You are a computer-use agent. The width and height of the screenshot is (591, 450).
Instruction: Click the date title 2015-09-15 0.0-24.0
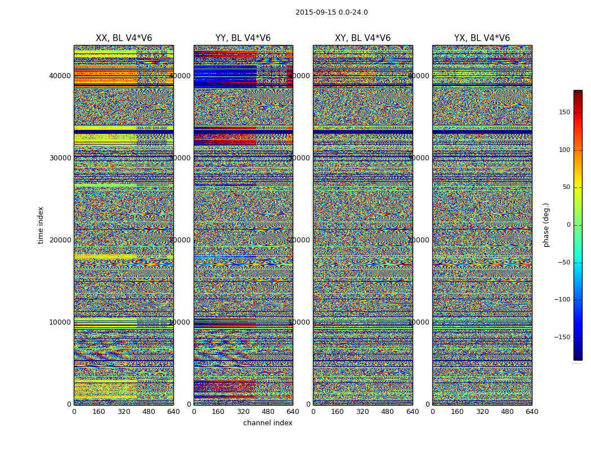332,12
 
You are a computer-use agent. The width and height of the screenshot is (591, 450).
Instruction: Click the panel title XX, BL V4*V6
124,38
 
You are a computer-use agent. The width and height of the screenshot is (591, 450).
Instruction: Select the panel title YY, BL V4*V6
243,38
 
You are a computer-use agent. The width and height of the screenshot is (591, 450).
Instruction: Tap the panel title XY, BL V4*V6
363,38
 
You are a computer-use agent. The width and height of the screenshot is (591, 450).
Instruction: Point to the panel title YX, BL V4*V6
482,38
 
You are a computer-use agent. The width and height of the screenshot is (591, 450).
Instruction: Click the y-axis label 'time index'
41,225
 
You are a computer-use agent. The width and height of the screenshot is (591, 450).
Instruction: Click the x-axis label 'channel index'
268,423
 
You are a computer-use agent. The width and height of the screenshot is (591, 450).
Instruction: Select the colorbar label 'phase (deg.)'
546,225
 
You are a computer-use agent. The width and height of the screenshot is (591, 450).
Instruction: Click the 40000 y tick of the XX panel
60,76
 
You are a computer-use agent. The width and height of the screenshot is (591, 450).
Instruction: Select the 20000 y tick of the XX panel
60,240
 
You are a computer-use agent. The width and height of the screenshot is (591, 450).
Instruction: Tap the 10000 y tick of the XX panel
60,322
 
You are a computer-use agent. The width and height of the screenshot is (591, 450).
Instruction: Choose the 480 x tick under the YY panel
268,412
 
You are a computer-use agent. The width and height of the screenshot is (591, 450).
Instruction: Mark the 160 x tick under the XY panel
338,412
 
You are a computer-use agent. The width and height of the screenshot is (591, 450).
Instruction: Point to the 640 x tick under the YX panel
532,412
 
